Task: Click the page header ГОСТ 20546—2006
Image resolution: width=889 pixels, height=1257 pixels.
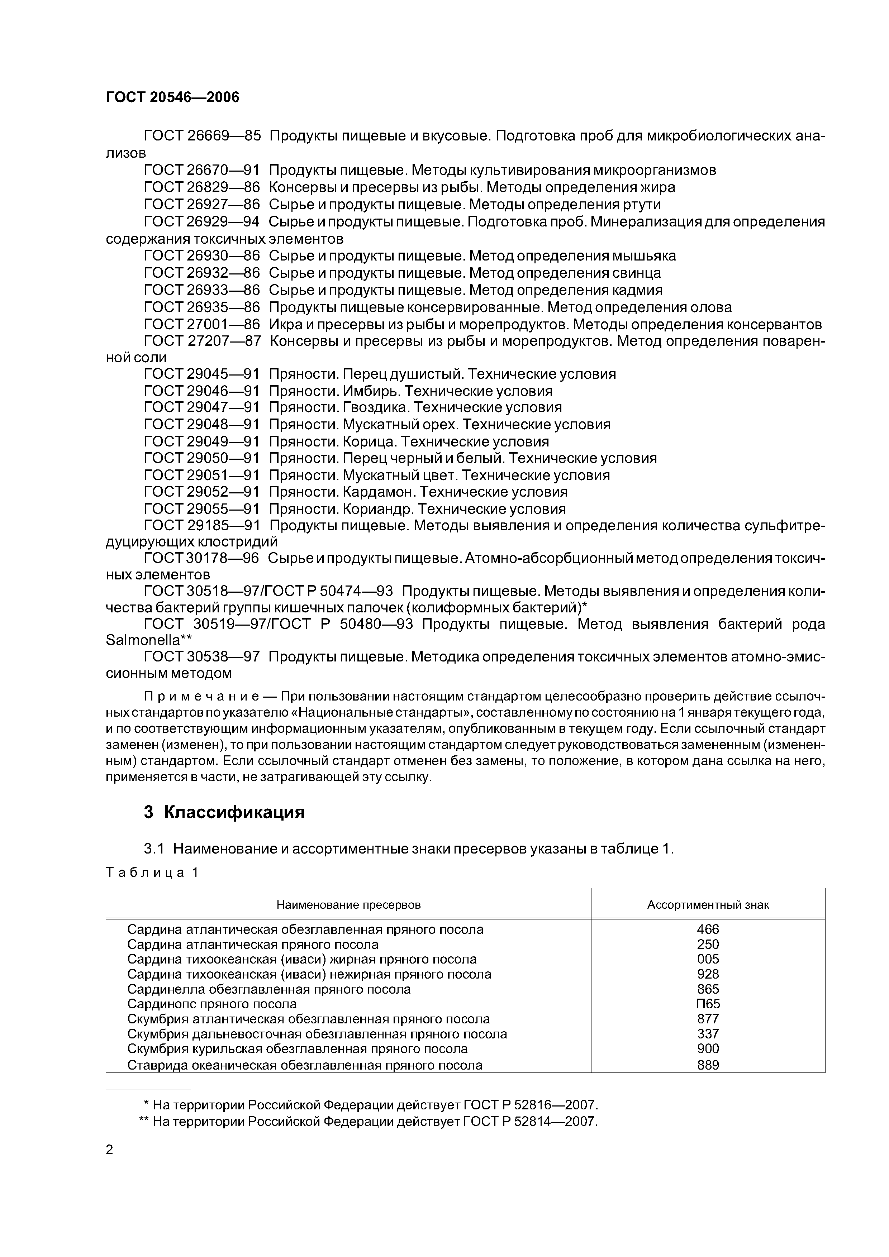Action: coord(172,97)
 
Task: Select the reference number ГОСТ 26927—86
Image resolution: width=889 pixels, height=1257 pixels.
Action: coord(201,205)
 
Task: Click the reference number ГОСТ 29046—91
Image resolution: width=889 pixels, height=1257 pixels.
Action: coord(201,391)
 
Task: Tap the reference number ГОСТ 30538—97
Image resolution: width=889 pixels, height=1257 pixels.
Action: coord(201,656)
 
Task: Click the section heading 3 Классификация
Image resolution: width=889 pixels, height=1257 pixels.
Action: coord(224,812)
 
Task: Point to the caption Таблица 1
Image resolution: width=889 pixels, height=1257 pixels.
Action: coord(151,873)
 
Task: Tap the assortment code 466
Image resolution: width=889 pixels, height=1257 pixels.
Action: coord(708,929)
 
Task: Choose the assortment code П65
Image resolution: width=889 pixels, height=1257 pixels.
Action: coord(708,1004)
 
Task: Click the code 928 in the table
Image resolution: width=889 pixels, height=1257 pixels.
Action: coord(708,974)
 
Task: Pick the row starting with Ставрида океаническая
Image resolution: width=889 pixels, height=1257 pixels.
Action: coord(305,1065)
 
